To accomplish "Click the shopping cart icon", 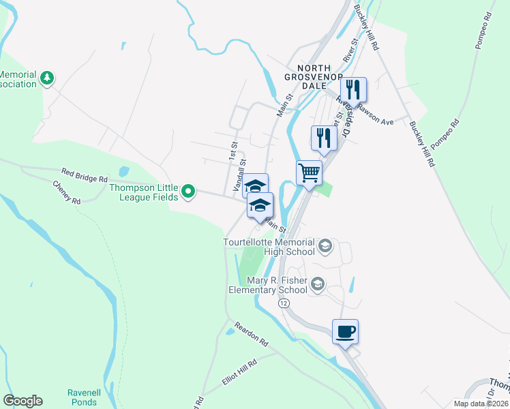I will click(309, 173).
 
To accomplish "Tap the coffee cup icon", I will click(346, 332).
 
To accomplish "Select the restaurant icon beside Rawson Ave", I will click(354, 89).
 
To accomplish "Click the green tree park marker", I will click(47, 78).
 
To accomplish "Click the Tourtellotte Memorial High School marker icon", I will click(325, 246).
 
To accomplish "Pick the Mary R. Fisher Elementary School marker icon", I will click(317, 284).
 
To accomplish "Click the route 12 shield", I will click(282, 301).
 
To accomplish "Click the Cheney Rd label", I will click(67, 192).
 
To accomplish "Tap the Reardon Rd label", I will click(252, 333).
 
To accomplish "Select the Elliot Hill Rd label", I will click(239, 373).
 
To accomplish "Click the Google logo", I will click(22, 401).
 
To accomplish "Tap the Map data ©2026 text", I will click(480, 404).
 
